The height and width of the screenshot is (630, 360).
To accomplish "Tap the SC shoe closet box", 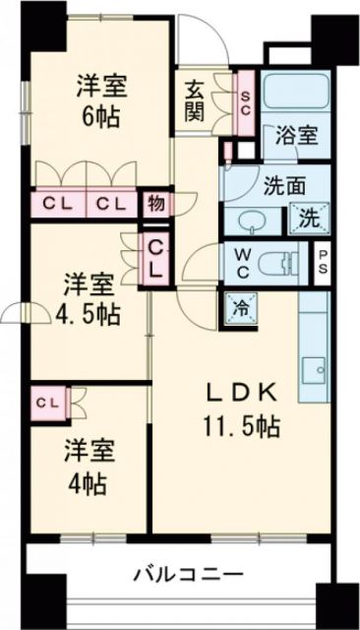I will (x=247, y=96).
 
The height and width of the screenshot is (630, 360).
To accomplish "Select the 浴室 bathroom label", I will (x=296, y=136).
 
